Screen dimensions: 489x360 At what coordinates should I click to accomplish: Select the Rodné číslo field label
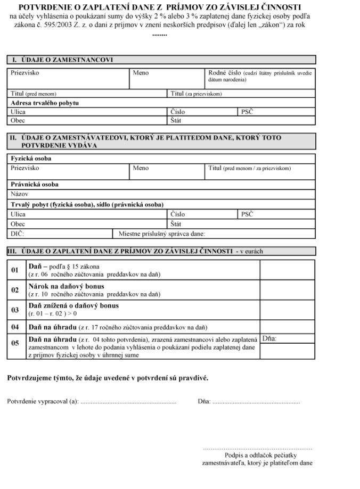(224, 72)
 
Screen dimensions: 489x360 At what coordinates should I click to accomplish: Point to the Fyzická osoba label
(31, 158)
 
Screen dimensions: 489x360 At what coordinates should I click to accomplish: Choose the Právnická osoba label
(35, 185)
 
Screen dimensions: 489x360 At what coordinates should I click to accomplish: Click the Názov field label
(19, 194)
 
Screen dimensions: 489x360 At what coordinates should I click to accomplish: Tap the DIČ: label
(18, 233)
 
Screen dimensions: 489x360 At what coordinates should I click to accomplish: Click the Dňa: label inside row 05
(269, 338)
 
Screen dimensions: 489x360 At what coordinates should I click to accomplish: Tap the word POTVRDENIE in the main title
(43, 7)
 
